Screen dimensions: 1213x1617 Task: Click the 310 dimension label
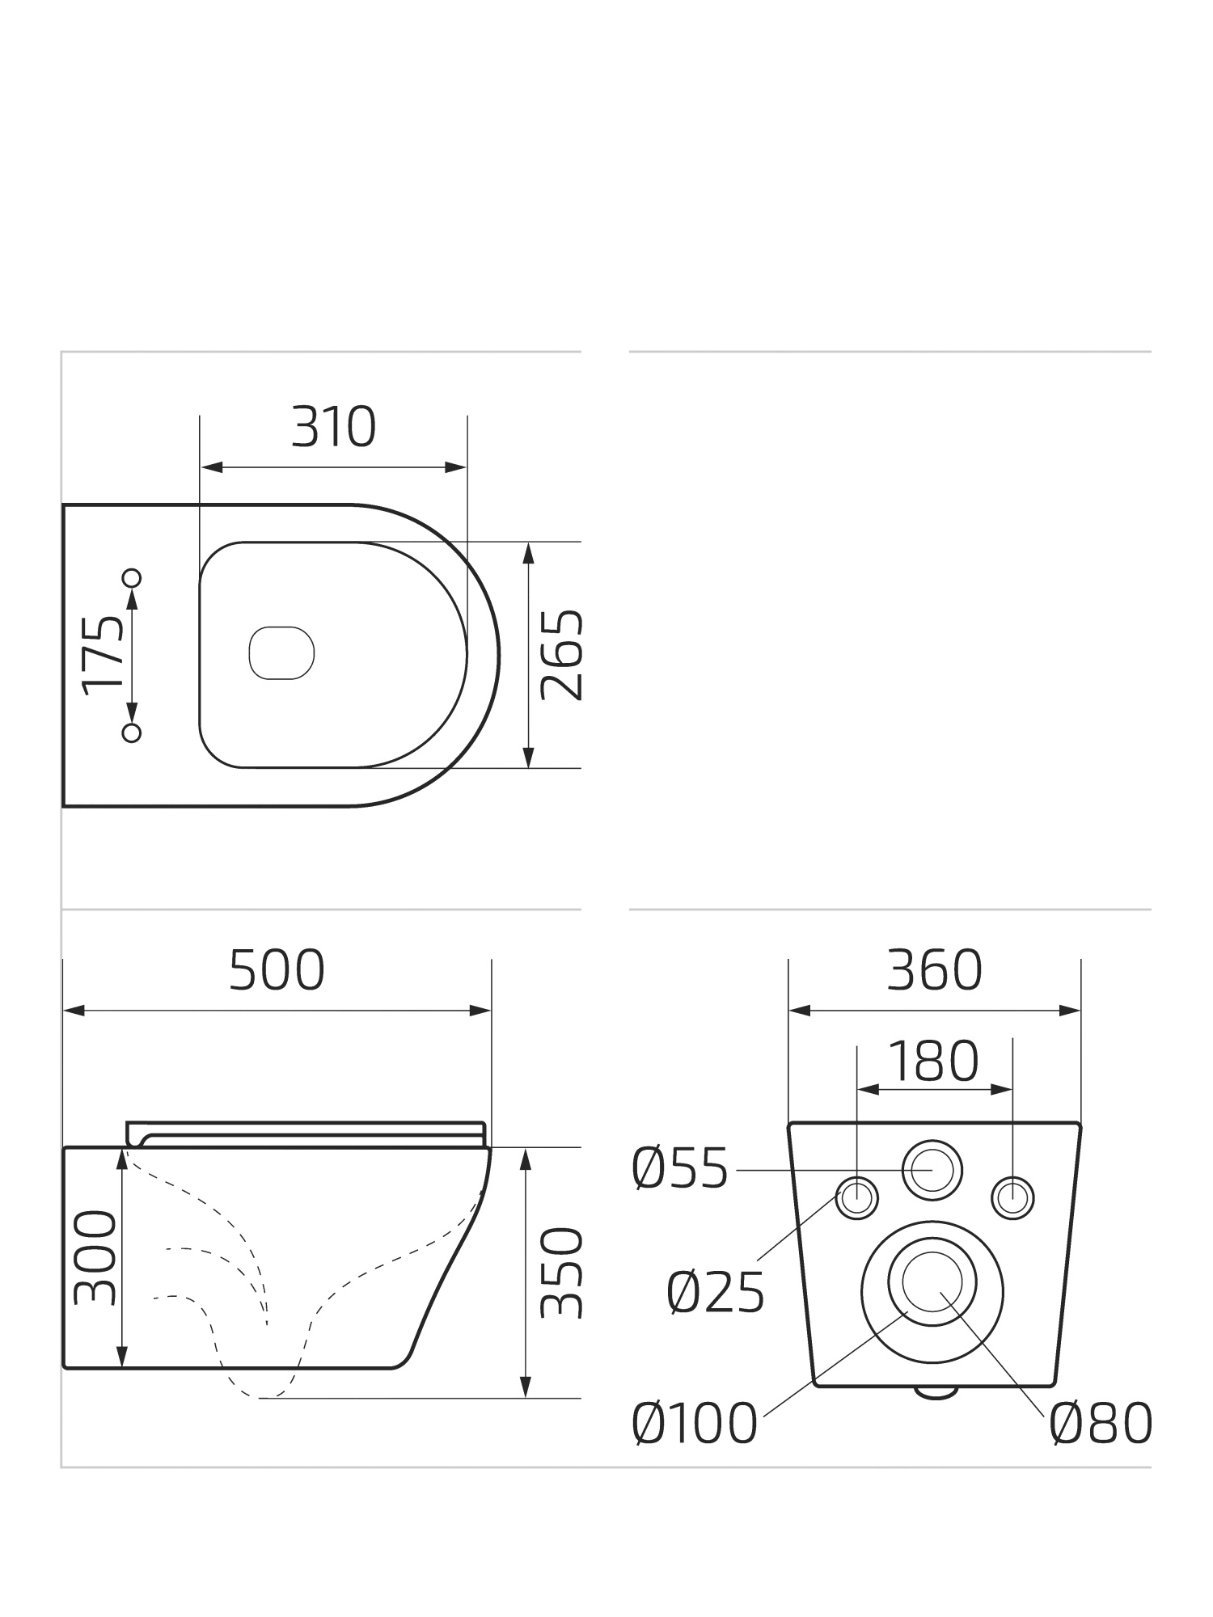(333, 428)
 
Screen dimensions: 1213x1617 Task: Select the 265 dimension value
(560, 655)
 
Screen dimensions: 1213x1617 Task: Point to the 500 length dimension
(277, 970)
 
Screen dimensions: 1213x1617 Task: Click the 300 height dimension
(95, 1257)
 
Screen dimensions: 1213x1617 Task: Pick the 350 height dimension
(560, 1273)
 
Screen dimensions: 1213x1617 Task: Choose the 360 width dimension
(934, 970)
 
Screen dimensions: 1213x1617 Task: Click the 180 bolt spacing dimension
(934, 1061)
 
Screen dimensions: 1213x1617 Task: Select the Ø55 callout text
(680, 1169)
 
